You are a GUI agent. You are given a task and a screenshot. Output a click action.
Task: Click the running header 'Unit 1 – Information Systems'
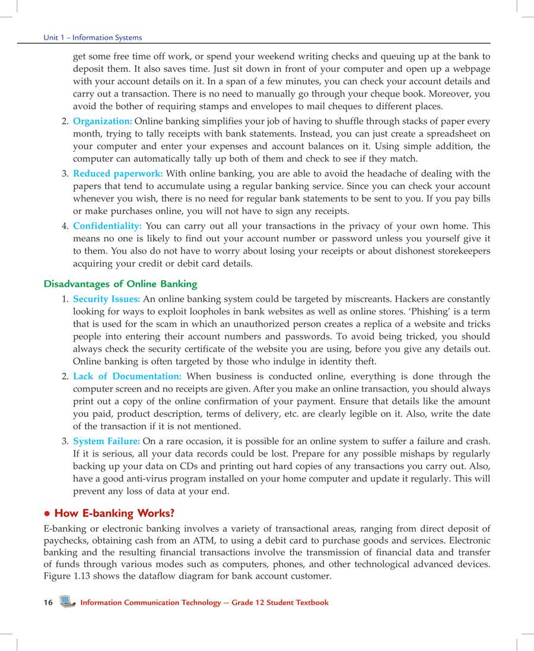pos(93,37)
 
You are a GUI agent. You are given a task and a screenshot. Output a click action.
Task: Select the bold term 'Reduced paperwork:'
pos(117,174)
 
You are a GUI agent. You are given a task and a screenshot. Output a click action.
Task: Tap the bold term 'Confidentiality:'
pos(107,226)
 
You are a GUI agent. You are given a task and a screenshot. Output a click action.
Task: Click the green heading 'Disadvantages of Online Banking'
pos(120,284)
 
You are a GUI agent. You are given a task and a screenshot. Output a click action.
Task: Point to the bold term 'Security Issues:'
pos(106,299)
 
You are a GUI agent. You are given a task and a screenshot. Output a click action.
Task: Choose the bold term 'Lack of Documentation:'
pos(127,376)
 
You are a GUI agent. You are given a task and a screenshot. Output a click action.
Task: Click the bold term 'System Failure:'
pos(106,441)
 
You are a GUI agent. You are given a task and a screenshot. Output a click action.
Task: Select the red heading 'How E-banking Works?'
pos(114,513)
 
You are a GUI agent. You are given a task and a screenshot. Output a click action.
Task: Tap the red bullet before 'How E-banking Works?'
pos(47,513)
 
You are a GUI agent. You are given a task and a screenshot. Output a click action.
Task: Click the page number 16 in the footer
pos(48,602)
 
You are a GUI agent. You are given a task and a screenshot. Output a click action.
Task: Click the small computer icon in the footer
pos(67,602)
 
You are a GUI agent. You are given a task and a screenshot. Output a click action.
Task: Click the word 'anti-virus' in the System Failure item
pos(141,479)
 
